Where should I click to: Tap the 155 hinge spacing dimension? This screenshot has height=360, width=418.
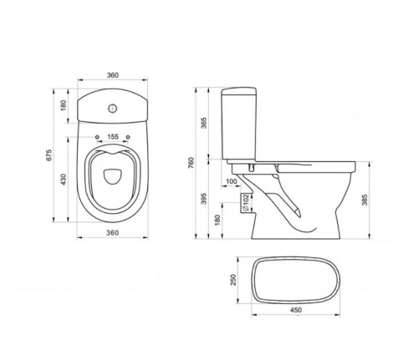113,136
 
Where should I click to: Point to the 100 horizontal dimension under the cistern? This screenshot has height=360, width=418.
231,181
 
